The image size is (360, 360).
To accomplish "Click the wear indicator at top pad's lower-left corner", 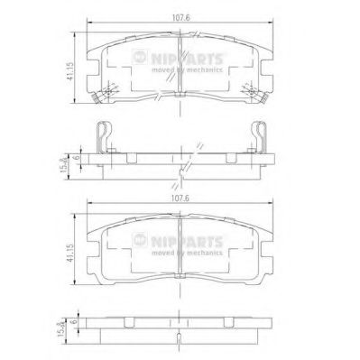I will (x=110, y=89).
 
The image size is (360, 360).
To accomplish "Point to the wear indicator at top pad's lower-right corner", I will (x=252, y=89).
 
